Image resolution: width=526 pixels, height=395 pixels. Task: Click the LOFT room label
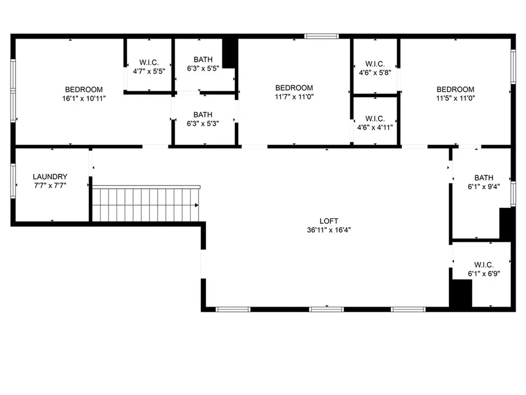pyautogui.click(x=329, y=221)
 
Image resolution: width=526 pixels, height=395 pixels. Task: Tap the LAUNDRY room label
pyautogui.click(x=50, y=176)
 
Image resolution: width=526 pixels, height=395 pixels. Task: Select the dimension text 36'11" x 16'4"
pyautogui.click(x=329, y=230)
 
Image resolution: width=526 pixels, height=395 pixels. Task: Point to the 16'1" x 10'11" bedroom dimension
pyautogui.click(x=84, y=98)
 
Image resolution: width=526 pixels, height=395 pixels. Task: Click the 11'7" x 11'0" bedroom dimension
pyautogui.click(x=294, y=96)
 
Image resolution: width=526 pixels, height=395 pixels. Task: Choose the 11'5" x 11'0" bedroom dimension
pyautogui.click(x=456, y=98)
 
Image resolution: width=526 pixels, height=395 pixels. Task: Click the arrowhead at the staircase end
pyautogui.click(x=197, y=205)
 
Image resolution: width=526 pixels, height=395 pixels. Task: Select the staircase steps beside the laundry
pyautogui.click(x=144, y=205)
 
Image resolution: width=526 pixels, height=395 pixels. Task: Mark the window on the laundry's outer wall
pyautogui.click(x=13, y=181)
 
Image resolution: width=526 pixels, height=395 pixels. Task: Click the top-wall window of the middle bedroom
pyautogui.click(x=321, y=37)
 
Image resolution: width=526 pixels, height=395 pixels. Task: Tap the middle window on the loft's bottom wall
pyautogui.click(x=326, y=309)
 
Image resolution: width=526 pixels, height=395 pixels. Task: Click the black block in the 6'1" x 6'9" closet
pyautogui.click(x=461, y=294)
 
